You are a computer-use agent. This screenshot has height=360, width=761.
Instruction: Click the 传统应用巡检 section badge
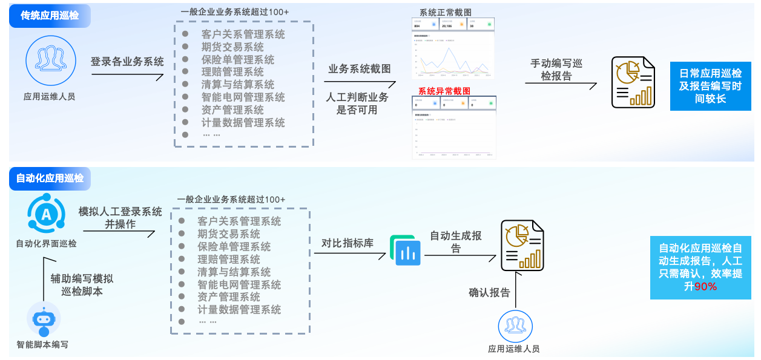[x=50, y=16]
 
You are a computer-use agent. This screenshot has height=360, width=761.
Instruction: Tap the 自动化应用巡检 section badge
[x=50, y=178]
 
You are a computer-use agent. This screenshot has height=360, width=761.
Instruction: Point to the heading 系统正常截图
[x=445, y=12]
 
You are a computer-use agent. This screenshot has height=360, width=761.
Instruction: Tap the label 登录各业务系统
[x=127, y=62]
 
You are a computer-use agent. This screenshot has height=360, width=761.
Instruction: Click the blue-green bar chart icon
[x=406, y=250]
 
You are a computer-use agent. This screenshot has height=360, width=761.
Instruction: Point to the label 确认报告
[x=489, y=293]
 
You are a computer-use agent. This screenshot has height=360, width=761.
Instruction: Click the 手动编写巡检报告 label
[x=556, y=70]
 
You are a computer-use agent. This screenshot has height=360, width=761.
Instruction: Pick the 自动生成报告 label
[x=456, y=242]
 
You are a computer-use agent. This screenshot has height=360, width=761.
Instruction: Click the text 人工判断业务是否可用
[x=357, y=103]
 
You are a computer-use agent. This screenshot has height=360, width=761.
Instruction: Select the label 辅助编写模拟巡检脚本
[x=82, y=285]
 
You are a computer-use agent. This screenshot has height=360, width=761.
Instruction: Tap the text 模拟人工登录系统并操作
[x=120, y=218]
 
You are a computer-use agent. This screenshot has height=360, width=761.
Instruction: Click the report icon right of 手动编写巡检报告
[x=633, y=82]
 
